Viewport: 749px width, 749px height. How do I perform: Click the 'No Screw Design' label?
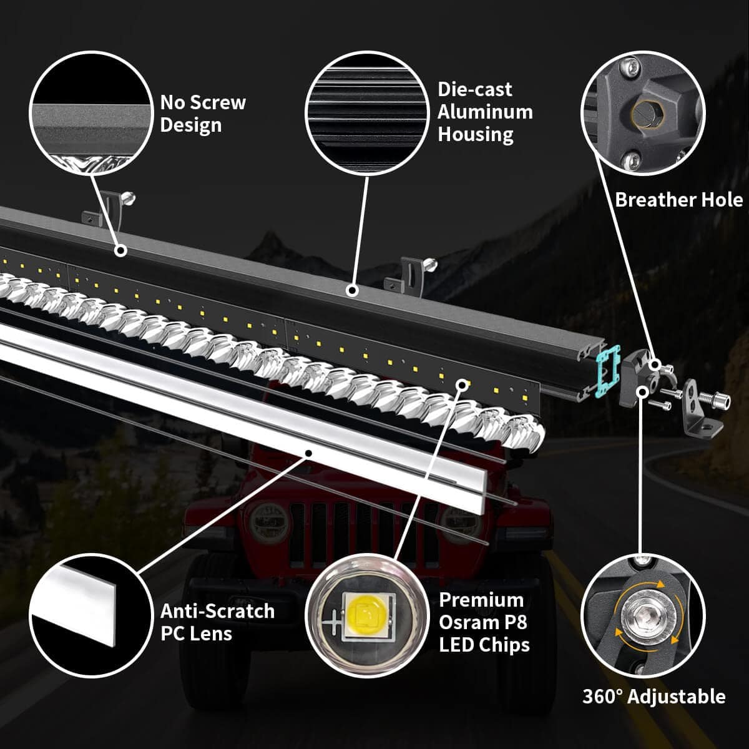point(203,114)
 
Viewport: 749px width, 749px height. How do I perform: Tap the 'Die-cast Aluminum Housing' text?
point(485,112)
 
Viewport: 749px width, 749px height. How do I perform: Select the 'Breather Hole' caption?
point(678,200)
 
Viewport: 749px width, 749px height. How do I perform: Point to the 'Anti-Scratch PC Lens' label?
point(217,622)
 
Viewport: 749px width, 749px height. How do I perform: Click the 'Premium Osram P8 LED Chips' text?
point(484,622)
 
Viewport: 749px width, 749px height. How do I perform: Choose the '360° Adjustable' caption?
point(654,697)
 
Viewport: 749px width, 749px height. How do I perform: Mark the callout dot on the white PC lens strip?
point(307,452)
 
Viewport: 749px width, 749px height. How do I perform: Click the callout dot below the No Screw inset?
point(120,251)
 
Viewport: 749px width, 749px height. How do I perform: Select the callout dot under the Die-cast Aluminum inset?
point(352,290)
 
